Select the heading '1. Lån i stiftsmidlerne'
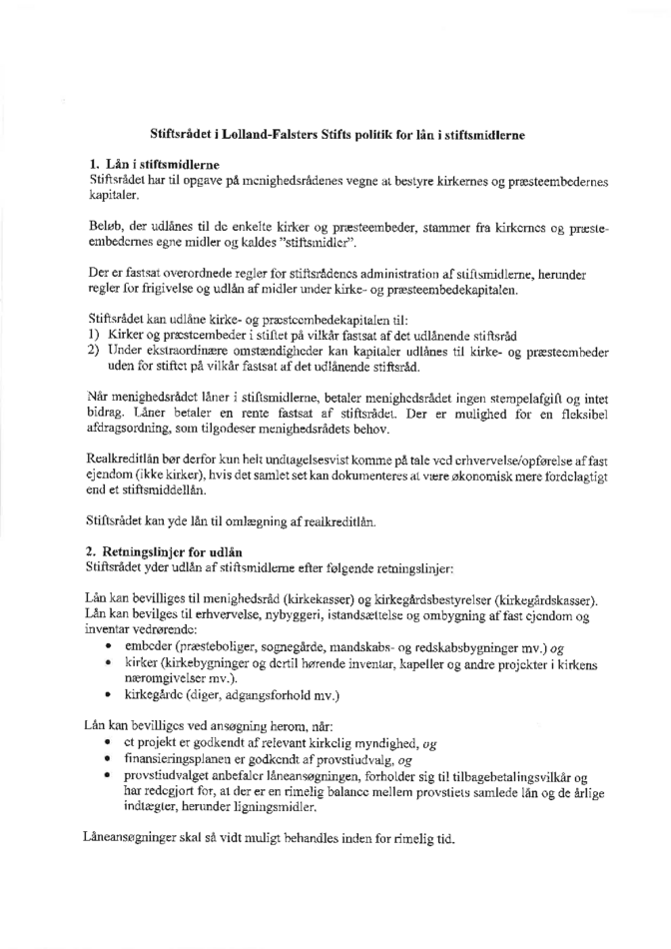click(149, 163)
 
